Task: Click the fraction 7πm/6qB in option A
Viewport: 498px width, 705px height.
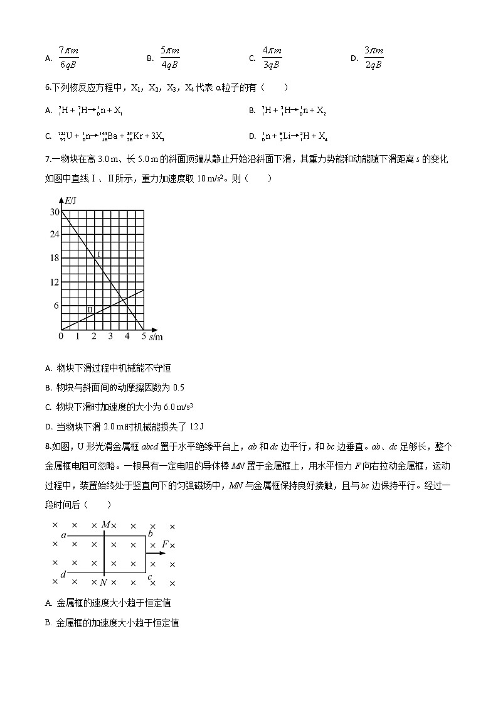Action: pos(68,57)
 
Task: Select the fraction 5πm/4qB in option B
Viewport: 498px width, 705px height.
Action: pos(169,57)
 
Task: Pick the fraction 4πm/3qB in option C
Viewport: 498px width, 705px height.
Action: pos(272,57)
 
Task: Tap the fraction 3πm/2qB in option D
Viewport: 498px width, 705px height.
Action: pos(373,57)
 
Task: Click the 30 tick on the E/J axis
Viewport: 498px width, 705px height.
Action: pos(54,212)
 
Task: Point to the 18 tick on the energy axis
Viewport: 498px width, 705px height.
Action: pos(54,258)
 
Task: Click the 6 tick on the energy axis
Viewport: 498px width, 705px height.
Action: pos(56,306)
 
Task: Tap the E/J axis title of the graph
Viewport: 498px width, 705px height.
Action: pos(71,201)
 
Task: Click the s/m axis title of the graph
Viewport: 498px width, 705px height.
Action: pos(156,337)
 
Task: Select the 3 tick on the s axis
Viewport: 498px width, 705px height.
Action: pos(110,337)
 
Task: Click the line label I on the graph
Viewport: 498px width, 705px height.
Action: pos(98,254)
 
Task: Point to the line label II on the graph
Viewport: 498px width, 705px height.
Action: pos(90,309)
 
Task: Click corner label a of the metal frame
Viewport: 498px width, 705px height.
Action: pos(63,535)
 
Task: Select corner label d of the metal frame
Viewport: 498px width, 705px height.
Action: pos(63,574)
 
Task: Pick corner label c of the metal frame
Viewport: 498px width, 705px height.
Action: pos(149,576)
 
